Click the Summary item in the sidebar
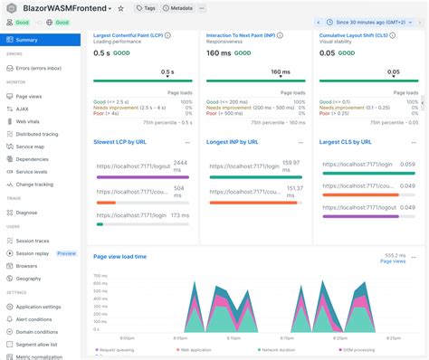tap(26, 40)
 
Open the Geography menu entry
tap(29, 279)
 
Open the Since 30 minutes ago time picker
tap(372, 22)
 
